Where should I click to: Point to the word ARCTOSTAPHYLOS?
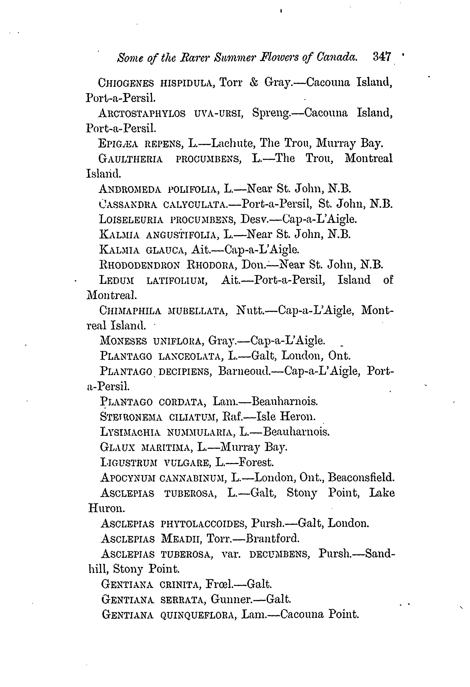pos(142,113)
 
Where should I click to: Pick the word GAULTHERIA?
pos(130,159)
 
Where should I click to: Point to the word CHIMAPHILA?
pos(130,311)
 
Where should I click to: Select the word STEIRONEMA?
pos(131,417)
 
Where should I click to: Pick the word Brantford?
pos(273,538)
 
